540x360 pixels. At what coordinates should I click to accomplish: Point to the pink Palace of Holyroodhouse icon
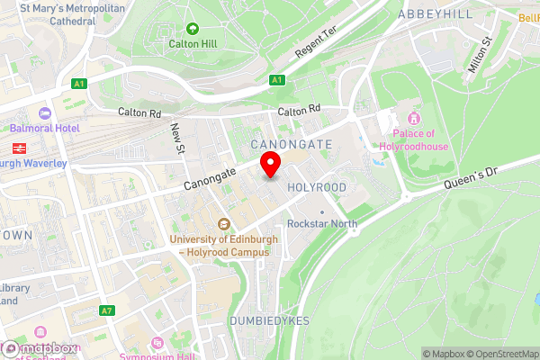point(414,119)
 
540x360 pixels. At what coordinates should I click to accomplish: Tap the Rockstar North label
point(317,223)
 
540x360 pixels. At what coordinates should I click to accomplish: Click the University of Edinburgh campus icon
point(224,225)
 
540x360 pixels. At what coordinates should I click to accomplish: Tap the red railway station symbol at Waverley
point(17,148)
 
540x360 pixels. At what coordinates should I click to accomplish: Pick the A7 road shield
point(108,310)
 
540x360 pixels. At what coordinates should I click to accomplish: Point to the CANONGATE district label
point(291,144)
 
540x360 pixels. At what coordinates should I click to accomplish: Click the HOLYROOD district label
point(316,186)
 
